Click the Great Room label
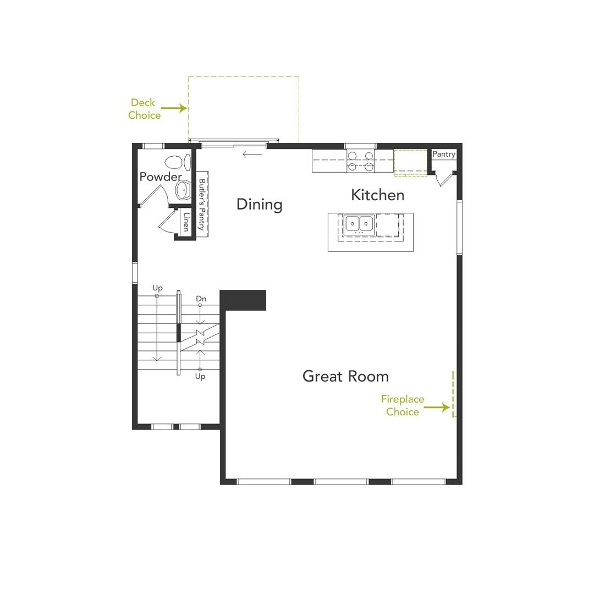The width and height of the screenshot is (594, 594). (345, 376)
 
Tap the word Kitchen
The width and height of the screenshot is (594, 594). (377, 195)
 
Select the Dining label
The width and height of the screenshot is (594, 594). (259, 204)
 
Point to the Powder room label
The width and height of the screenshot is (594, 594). (160, 177)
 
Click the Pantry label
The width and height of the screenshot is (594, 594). (443, 154)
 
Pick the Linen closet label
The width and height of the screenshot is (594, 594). (186, 222)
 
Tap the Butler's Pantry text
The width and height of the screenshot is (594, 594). (202, 204)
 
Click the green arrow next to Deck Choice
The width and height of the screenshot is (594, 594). (174, 108)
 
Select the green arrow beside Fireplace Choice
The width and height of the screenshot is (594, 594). (437, 408)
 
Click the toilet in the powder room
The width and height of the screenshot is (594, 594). (174, 162)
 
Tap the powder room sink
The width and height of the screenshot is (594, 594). (183, 190)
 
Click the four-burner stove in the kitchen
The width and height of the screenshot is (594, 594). (360, 161)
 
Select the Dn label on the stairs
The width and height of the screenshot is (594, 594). (201, 299)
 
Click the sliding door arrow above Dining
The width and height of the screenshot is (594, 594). (252, 154)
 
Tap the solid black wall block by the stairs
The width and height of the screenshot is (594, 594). (243, 300)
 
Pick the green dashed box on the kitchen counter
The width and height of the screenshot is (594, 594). (410, 163)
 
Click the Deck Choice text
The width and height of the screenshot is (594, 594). (144, 109)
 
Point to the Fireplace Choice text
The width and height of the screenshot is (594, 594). (402, 405)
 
